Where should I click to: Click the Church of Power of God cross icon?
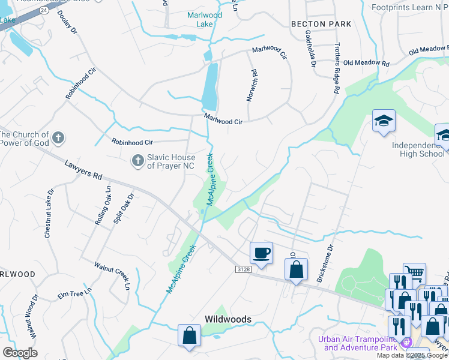[x=58, y=139]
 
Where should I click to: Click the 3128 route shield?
[x=243, y=271]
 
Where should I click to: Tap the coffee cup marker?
[x=261, y=253]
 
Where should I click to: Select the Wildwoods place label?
[x=228, y=319]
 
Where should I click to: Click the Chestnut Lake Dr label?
[x=49, y=214]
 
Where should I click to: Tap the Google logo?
[x=20, y=352]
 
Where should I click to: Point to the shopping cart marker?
[x=414, y=273]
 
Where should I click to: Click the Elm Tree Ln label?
[x=74, y=293]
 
